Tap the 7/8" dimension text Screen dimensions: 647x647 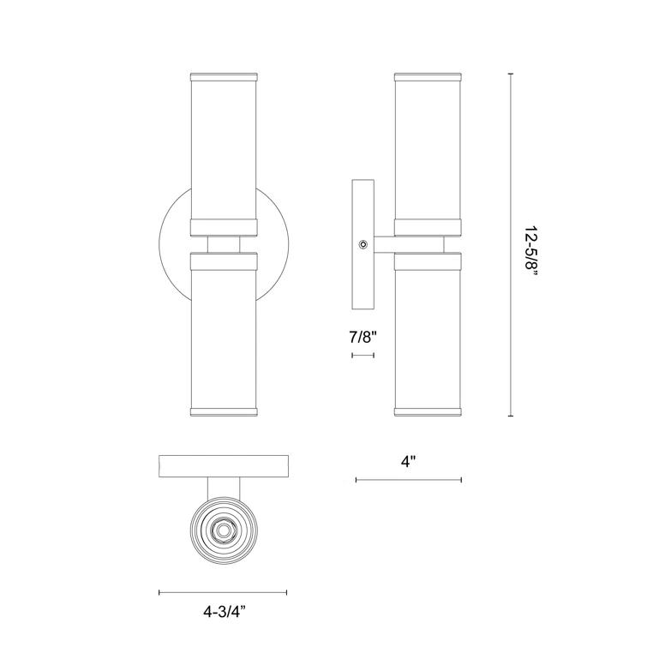(363, 337)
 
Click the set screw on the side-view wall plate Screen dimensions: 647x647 (364, 245)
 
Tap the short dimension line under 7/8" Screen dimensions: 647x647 (363, 353)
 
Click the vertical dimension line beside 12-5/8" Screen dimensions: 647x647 (511, 246)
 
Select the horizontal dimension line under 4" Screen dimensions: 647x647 (409, 480)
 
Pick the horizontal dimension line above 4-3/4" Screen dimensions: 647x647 (223, 592)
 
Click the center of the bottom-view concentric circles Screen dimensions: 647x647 (224, 531)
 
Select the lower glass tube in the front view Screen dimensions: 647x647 (224, 334)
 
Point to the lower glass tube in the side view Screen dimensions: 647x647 (428, 334)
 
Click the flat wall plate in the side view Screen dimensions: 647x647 (364, 245)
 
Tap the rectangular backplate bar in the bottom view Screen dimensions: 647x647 (224, 466)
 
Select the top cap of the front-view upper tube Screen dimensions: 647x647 (224, 75)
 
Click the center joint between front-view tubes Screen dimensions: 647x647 (224, 244)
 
